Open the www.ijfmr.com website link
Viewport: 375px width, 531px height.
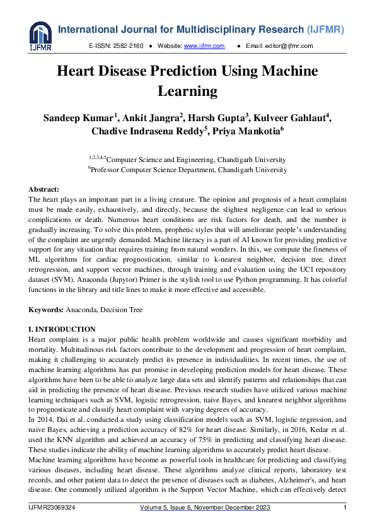tap(204, 46)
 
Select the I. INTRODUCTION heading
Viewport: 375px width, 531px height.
tap(62, 329)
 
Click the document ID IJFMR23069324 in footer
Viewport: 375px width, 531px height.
tap(52, 508)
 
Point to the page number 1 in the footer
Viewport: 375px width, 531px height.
tap(345, 508)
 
